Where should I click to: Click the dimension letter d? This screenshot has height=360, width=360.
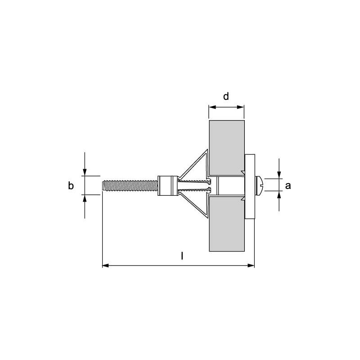point(226,96)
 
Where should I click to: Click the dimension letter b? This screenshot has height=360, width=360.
point(71,185)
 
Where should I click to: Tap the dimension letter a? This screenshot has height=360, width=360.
point(288,186)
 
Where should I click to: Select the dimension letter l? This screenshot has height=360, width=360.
point(182,256)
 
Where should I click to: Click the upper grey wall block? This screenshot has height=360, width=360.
point(227,148)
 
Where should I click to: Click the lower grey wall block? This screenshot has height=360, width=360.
point(227,224)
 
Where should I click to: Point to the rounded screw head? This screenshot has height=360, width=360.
point(260,185)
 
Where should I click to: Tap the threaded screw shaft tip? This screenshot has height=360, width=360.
point(103,185)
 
